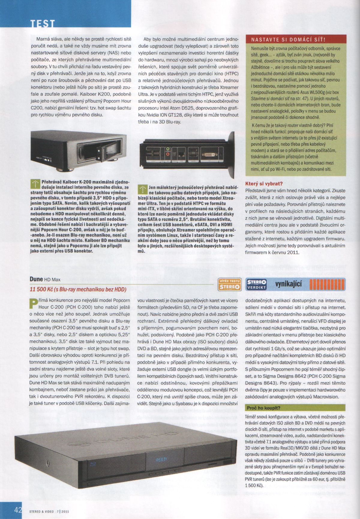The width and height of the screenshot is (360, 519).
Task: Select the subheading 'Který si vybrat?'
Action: coord(264,183)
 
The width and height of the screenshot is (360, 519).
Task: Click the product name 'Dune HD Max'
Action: coord(45,279)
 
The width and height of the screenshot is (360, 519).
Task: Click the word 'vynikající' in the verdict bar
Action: coord(289,284)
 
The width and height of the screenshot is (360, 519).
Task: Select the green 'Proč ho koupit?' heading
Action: coord(263,408)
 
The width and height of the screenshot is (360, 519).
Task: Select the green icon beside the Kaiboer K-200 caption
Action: coord(36,184)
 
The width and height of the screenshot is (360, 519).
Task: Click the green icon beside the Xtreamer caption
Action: coord(143,189)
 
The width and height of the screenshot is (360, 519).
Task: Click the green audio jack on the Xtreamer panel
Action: coord(168,149)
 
